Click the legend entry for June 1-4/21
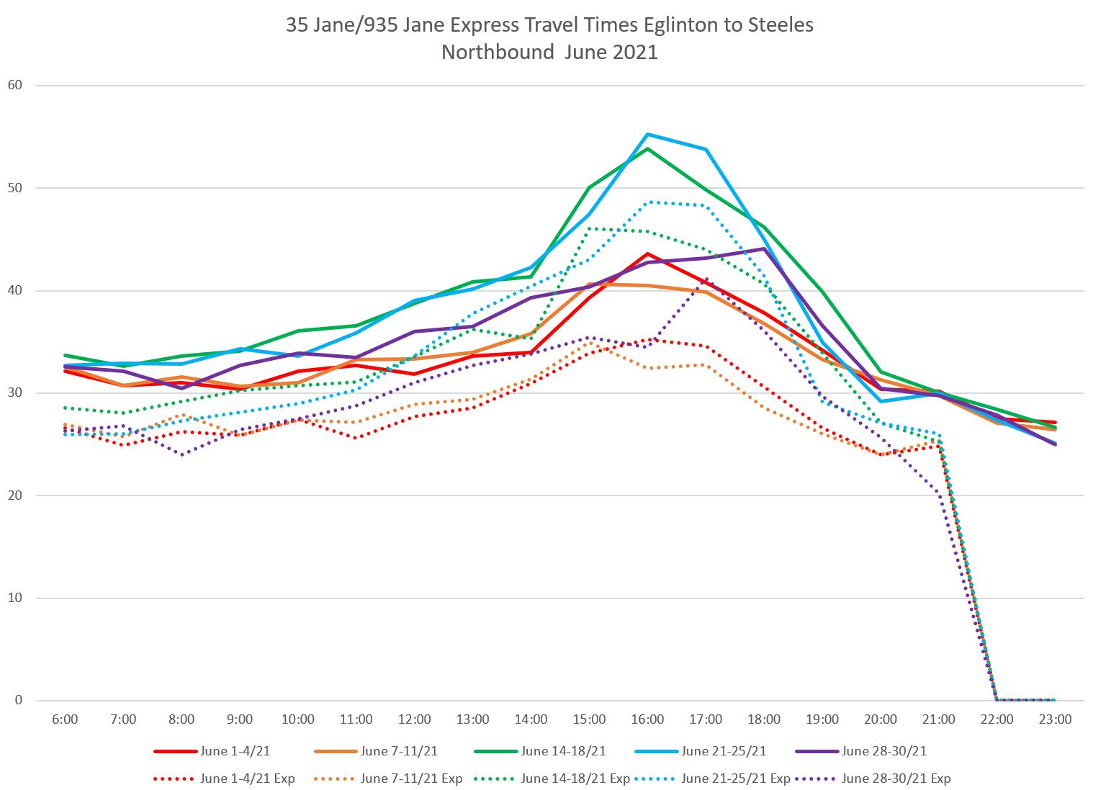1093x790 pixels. pyautogui.click(x=235, y=751)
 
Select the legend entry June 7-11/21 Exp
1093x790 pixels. pyautogui.click(x=411, y=778)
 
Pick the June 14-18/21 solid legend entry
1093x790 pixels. pyautogui.click(x=563, y=751)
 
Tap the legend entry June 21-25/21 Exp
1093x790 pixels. pyautogui.click(x=735, y=778)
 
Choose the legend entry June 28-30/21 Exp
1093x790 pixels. pyautogui.click(x=896, y=778)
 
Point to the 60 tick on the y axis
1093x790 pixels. pyautogui.click(x=15, y=85)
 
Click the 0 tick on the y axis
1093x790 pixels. pyautogui.click(x=19, y=700)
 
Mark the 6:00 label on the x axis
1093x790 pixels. pyautogui.click(x=66, y=719)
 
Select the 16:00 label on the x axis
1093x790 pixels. pyautogui.click(x=647, y=719)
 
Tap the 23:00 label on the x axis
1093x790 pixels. pyautogui.click(x=1055, y=719)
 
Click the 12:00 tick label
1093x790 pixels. pyautogui.click(x=415, y=719)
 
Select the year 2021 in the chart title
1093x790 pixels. pyautogui.click(x=632, y=53)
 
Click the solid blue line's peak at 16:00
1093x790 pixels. pyautogui.click(x=647, y=135)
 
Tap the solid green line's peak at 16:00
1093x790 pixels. pyautogui.click(x=647, y=148)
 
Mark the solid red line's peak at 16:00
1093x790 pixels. pyautogui.click(x=647, y=253)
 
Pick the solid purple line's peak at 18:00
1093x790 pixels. pyautogui.click(x=764, y=248)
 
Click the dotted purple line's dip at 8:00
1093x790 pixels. pyautogui.click(x=181, y=454)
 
